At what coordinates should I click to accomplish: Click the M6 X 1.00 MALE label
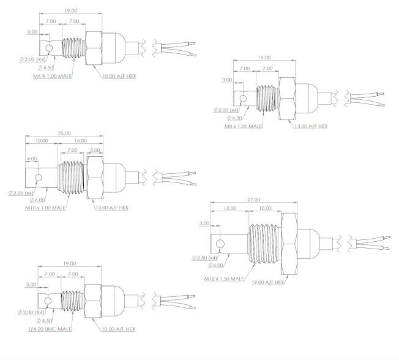coord(53,77)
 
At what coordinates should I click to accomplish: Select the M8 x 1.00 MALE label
coord(242,127)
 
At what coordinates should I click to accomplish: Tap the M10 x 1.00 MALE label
coord(45,208)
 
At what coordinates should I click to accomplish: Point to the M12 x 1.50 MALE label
coord(225,279)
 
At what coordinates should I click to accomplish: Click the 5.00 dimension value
coord(96,149)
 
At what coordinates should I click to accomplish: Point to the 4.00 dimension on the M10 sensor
coord(32,159)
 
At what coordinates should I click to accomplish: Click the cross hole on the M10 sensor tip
coord(39,178)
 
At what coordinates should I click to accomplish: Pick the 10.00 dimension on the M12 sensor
coord(265,209)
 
